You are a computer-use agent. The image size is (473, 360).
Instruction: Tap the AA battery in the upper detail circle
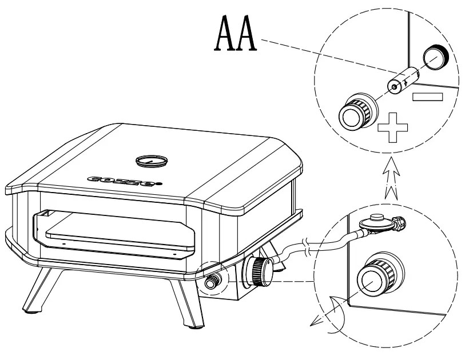click(x=404, y=79)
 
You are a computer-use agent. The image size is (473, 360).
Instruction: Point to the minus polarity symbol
click(x=427, y=95)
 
